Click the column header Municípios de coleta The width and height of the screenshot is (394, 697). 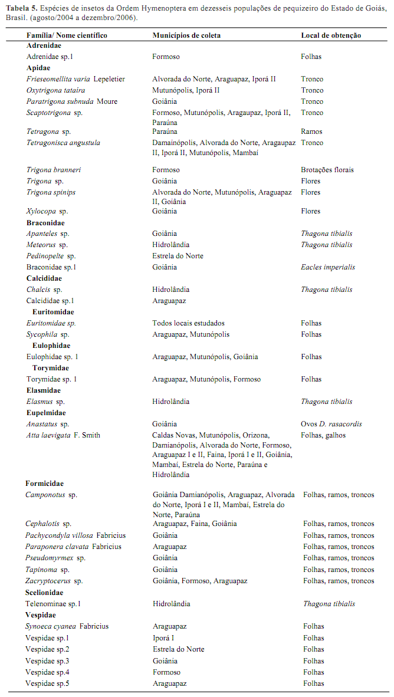(186, 35)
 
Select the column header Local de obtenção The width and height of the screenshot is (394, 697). (331, 35)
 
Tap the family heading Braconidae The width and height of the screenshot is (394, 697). (45, 223)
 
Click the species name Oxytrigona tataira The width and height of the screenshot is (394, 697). (55, 90)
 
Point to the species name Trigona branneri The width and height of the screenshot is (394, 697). (54, 170)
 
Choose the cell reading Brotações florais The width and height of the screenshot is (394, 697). (327, 170)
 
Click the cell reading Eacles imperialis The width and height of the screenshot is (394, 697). (328, 267)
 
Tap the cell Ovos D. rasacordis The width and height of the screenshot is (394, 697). (331, 424)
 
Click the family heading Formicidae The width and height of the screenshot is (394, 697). (44, 484)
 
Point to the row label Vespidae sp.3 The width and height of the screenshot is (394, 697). (47, 661)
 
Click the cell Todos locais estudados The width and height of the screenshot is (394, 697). (189, 323)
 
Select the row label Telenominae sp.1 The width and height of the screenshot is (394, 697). (53, 604)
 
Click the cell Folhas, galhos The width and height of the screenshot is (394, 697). (323, 435)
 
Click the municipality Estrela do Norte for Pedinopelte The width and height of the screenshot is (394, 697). (178, 256)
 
